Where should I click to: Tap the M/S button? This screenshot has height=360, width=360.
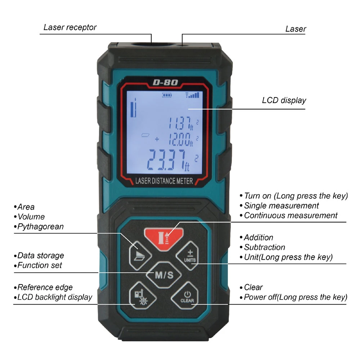click(x=164, y=275)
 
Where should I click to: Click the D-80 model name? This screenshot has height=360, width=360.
click(x=165, y=82)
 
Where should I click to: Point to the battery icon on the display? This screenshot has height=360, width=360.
click(x=167, y=96)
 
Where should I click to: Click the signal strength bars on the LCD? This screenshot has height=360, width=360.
click(x=192, y=95)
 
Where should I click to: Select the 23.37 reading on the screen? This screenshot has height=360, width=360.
click(x=169, y=159)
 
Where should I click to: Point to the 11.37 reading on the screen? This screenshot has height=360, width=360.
click(x=181, y=124)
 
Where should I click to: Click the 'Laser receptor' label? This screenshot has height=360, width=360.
click(x=70, y=27)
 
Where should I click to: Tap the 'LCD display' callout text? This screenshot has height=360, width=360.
click(x=284, y=100)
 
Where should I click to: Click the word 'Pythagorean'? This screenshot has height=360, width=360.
click(x=40, y=227)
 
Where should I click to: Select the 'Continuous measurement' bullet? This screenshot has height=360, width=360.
click(x=291, y=215)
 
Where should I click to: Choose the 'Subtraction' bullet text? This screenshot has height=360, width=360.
click(x=264, y=247)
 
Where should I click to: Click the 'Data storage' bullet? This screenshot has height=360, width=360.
click(x=41, y=256)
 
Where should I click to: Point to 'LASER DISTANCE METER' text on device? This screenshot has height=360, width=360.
click(x=164, y=181)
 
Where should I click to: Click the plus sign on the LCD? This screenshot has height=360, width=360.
click(x=157, y=139)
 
